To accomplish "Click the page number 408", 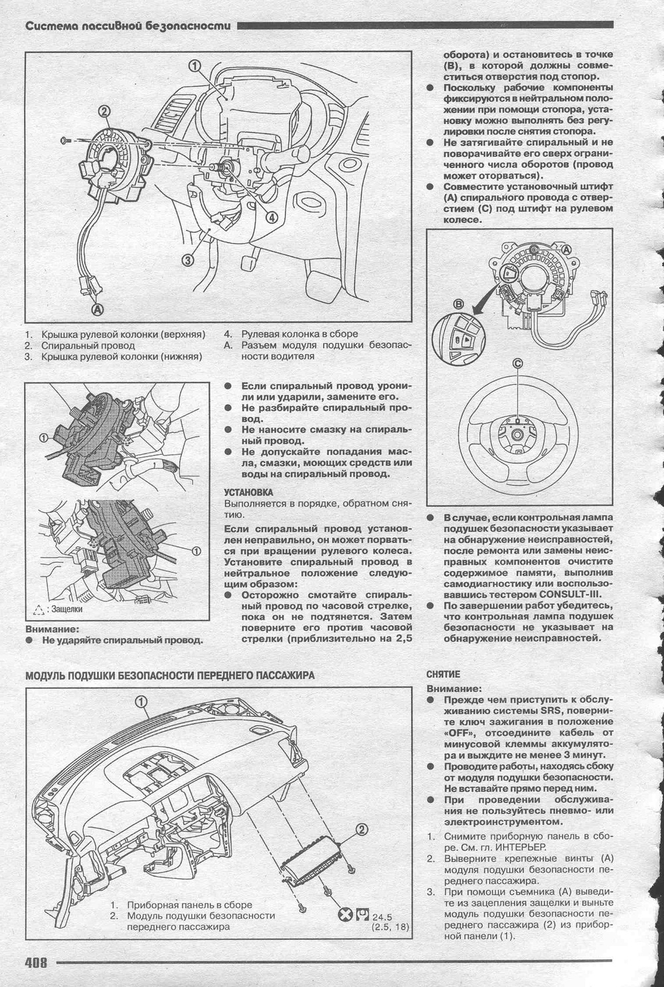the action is tap(36, 962).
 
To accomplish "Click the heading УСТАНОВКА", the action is tap(248, 493).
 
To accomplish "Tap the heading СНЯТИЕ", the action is tap(443, 674).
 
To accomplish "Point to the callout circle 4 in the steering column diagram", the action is tap(272, 217).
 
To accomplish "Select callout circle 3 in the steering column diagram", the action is tap(188, 260).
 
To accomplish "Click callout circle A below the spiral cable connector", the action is tap(98, 309).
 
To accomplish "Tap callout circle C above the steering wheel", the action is tap(518, 364).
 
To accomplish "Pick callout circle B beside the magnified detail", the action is tap(459, 304).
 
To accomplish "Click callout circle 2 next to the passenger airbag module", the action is tap(361, 830).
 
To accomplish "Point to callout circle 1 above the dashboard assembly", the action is tap(141, 702).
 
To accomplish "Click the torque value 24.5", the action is tap(382, 917).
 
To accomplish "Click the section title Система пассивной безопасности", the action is tap(128, 26).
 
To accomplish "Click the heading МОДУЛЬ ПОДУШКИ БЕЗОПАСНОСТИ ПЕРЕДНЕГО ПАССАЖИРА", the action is tap(170, 675).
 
